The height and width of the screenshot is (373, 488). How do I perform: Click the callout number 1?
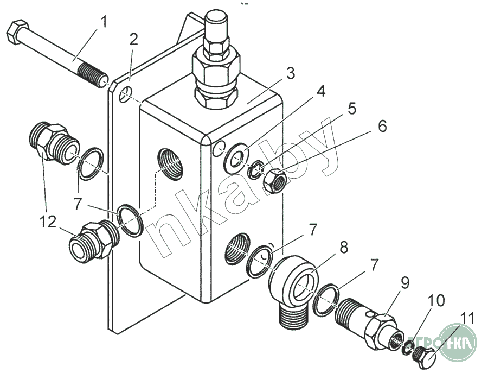point(104,23)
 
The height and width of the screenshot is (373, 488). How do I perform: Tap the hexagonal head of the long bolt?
point(17,32)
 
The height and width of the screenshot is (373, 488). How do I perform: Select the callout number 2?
point(133,40)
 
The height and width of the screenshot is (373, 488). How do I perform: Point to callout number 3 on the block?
point(290,73)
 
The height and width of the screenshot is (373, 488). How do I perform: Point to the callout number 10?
point(436,301)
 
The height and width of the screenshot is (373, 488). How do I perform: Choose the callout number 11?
point(467,319)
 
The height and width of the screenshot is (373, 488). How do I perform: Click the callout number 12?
point(48,222)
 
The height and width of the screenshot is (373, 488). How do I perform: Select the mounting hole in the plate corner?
point(125,94)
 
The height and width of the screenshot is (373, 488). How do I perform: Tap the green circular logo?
point(458,342)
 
